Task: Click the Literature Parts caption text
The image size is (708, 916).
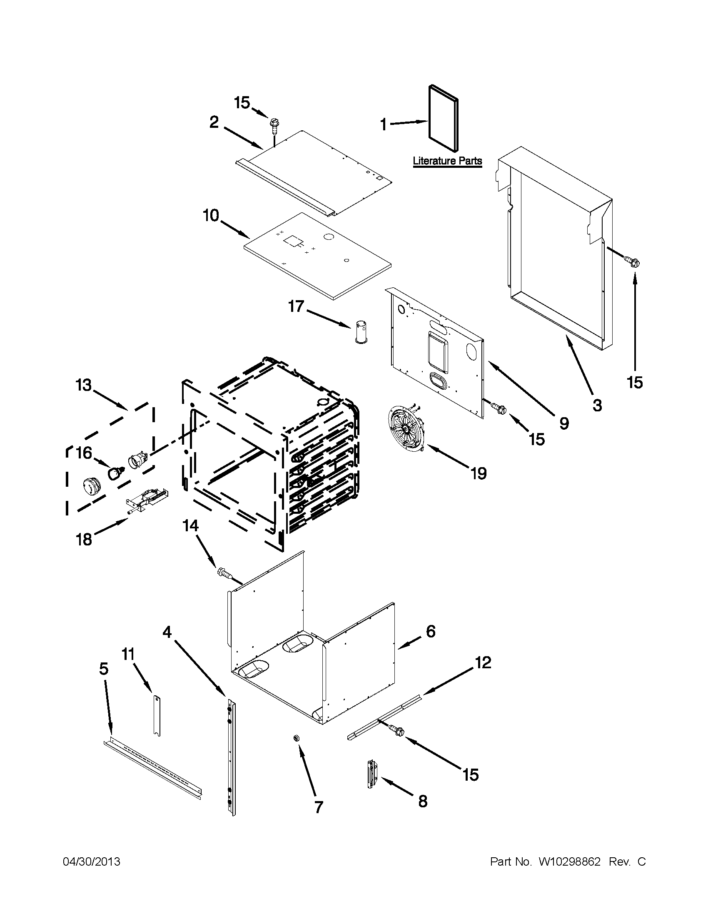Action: pos(447,161)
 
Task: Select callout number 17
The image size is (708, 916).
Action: pos(296,306)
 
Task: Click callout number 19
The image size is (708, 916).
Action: pos(478,473)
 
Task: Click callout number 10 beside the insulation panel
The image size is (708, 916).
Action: pos(211,216)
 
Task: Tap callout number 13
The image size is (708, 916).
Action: pos(83,385)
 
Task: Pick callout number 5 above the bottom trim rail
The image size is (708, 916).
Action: pos(104,668)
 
